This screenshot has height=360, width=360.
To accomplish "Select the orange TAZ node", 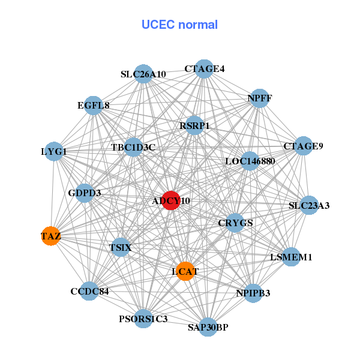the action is pos(51,236).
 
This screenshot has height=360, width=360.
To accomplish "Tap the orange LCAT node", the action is pos(185,271).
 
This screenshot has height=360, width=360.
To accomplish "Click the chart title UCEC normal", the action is pos(179,25).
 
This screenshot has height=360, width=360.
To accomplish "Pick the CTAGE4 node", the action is pos(204,68).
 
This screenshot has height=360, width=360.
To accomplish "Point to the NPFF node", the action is pos(259,98).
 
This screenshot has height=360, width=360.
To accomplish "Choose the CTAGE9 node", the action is pos(303,146).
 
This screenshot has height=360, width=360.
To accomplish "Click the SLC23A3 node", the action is pos(308,205).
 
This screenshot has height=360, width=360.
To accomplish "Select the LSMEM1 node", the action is pos(291,257).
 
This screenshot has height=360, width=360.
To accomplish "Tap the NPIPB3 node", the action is pos(253,293).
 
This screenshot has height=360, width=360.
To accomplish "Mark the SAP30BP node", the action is pos(208,327).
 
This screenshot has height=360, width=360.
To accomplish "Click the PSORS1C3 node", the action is pos(143,317).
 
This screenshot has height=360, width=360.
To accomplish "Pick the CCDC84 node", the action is pos(89,292).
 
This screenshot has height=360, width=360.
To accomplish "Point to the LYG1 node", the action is pos(54,152).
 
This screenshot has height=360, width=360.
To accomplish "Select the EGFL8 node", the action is pos(93,106).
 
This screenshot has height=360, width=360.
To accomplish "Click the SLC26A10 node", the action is pos(143,74).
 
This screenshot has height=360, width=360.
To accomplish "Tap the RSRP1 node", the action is pos(194,126).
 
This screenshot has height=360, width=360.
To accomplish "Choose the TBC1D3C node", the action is pos(133,147).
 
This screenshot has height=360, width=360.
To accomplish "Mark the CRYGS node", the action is pos(235,223).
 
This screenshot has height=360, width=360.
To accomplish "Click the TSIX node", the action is pos(121,247).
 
